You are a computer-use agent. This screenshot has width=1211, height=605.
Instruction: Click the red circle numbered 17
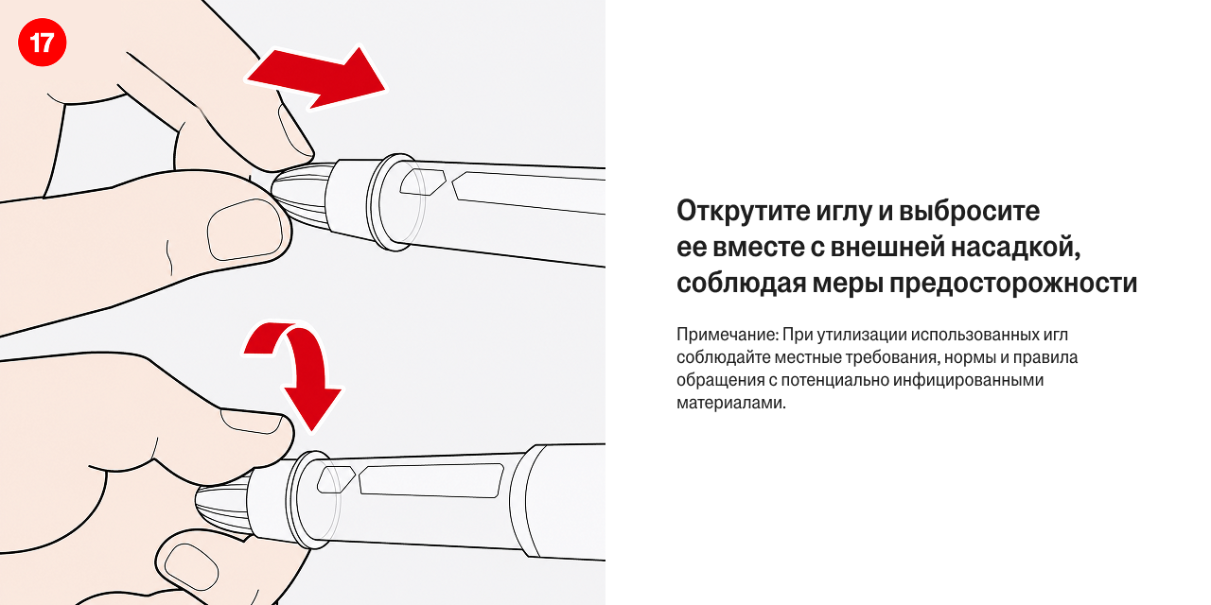(43, 43)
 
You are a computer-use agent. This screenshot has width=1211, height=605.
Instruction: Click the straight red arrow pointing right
(316, 78)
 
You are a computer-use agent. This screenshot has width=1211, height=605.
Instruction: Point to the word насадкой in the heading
(1015, 248)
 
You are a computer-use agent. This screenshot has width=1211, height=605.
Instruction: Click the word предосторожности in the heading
(1013, 284)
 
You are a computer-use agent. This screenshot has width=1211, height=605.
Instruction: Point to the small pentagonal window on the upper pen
(423, 181)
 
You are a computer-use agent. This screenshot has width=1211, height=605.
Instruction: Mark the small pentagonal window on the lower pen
(336, 479)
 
